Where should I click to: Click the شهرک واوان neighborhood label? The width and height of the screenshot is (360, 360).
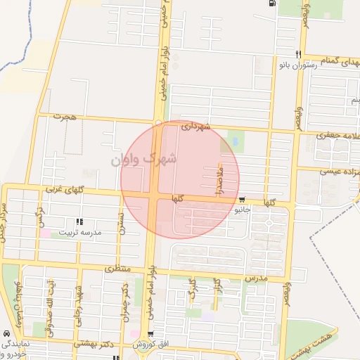(x=144, y=160)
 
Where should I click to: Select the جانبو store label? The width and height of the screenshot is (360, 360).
(x=243, y=210)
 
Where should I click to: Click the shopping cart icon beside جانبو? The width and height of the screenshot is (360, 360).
(x=243, y=200)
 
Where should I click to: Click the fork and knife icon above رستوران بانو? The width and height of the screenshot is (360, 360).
(x=298, y=55)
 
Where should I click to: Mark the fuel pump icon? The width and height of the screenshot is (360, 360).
(x=270, y=4)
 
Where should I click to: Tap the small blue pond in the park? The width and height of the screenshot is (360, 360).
(x=234, y=143)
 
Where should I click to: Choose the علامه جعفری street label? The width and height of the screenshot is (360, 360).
(x=336, y=134)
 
